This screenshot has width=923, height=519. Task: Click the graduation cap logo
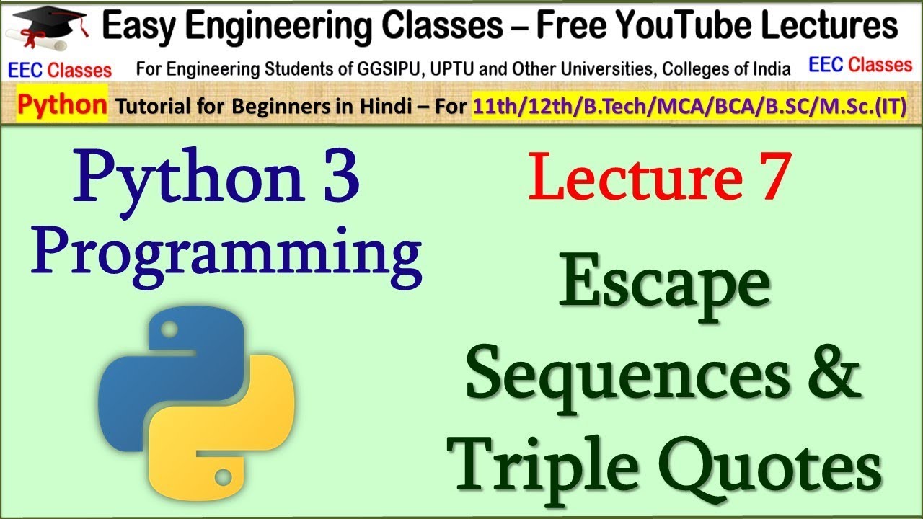[50, 29]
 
